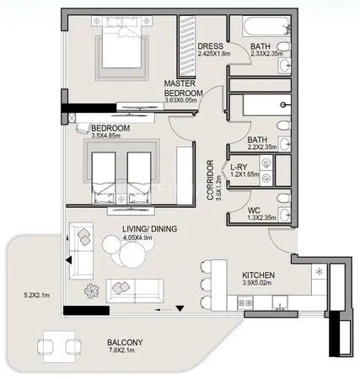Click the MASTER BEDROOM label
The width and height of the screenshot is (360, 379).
click(184, 88)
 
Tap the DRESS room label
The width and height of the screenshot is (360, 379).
click(211, 46)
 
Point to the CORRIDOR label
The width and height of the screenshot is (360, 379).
click(210, 180)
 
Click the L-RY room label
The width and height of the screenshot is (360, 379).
click(239, 167)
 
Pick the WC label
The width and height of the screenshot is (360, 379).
click(254, 211)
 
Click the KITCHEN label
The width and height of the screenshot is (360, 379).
click(258, 275)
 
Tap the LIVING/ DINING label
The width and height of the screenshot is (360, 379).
click(150, 229)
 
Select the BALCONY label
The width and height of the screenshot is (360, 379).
click(125, 343)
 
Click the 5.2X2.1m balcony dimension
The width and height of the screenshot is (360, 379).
click(36, 296)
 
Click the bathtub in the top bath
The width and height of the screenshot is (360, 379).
click(266, 27)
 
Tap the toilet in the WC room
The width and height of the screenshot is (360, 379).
click(283, 198)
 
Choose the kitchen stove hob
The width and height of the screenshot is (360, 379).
click(245, 302)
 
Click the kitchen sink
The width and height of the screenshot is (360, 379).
click(280, 302)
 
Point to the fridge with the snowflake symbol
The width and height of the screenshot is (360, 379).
click(319, 271)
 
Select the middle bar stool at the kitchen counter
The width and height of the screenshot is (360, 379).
click(205, 284)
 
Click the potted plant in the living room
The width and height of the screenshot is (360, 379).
click(91, 291)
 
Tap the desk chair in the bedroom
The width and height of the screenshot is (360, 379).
click(83, 128)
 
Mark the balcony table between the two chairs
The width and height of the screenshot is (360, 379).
click(59, 346)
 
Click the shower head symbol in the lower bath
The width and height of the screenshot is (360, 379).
click(284, 105)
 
